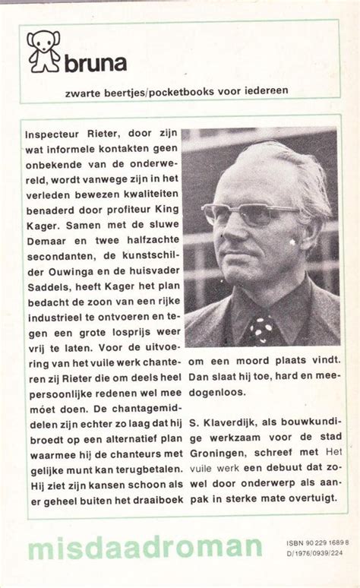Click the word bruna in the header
(98, 62)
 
